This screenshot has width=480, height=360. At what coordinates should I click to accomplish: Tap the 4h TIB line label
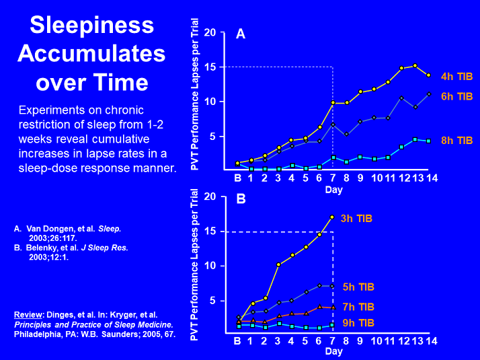coord(457,76)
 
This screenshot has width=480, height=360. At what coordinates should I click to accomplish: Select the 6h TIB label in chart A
coord(457,96)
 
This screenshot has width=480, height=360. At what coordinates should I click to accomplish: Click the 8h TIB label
coord(457,140)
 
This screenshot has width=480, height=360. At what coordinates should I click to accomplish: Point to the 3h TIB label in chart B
coord(355,218)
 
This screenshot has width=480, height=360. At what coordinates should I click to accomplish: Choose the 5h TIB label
coord(358,287)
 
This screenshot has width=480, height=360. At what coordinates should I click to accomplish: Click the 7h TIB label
coord(358,307)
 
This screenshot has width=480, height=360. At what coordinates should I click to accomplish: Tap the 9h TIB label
coord(358,323)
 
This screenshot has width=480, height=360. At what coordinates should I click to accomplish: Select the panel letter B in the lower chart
coord(240,200)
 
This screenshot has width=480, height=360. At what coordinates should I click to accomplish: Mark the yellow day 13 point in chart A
coord(415,66)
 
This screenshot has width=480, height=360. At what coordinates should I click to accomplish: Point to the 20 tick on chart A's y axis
coord(210,32)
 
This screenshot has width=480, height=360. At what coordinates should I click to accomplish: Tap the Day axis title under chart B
coord(333,354)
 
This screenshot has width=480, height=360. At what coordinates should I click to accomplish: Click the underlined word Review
coord(30,315)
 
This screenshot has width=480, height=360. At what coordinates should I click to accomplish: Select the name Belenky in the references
coord(43,247)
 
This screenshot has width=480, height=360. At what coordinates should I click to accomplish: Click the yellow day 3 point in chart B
coord(278,264)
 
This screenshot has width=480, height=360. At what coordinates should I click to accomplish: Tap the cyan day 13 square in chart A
coord(415,140)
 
